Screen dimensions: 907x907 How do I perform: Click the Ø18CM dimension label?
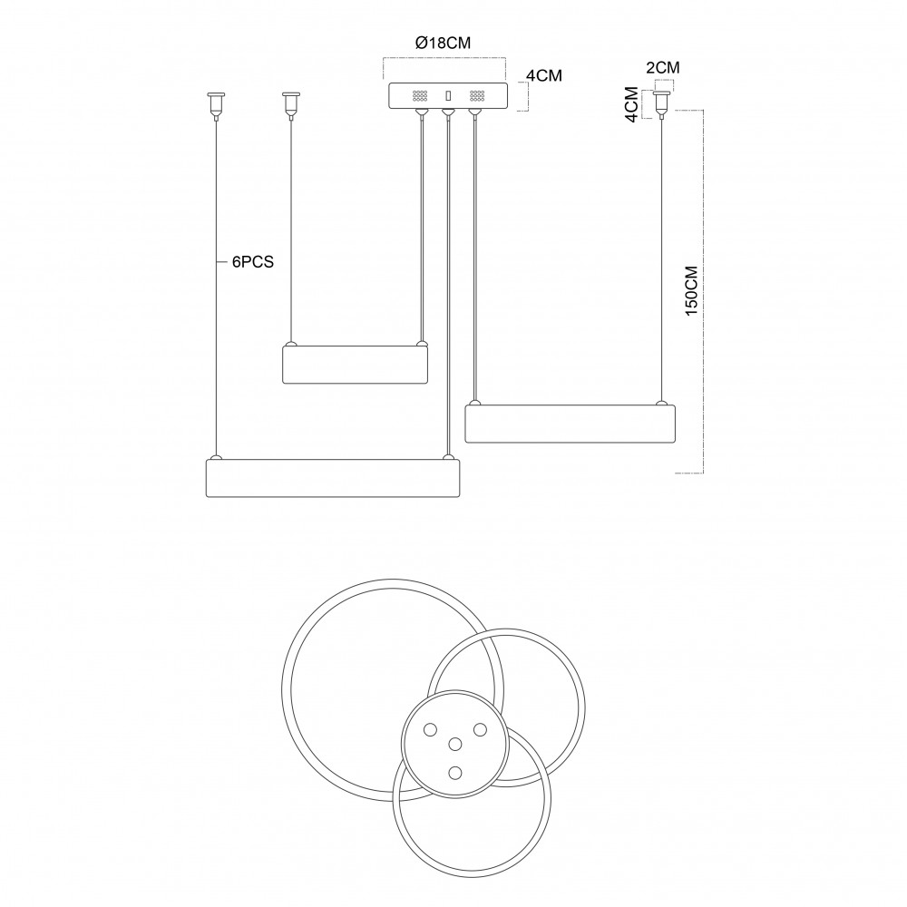click(444, 43)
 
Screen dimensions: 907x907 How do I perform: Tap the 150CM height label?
click(692, 290)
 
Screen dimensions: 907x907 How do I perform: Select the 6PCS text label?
click(253, 262)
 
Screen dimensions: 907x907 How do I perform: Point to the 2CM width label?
click(663, 68)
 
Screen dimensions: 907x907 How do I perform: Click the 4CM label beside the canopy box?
click(543, 76)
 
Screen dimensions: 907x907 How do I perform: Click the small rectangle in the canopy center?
click(447, 96)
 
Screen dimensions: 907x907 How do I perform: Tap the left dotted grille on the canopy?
click(419, 96)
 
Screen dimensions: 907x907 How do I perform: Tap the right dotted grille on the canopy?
click(477, 96)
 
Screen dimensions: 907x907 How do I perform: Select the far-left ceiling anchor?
click(216, 104)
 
